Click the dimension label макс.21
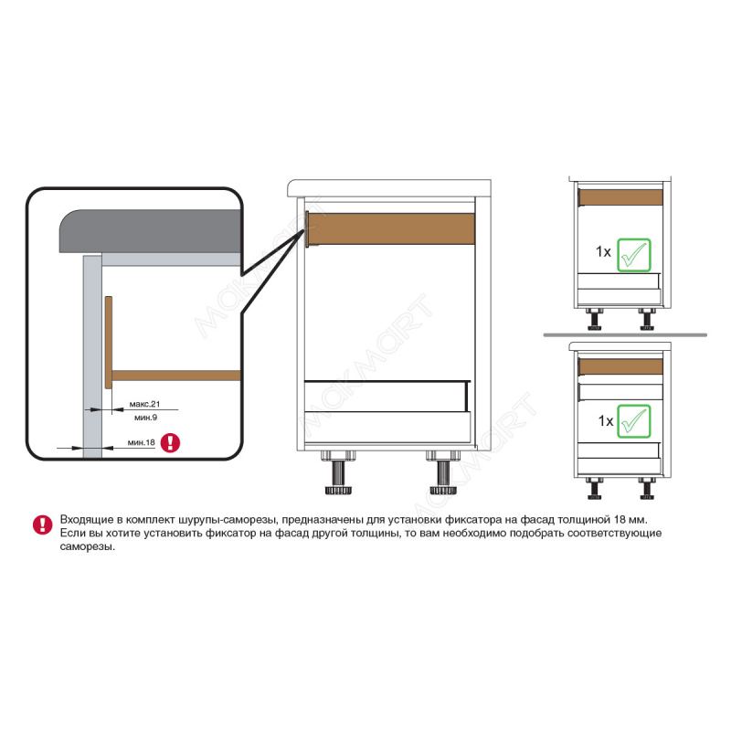coord(144,404)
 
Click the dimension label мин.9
coord(146,418)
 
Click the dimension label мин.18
coord(142,442)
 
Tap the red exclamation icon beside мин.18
coord(170,442)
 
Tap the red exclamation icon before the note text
coord(42,524)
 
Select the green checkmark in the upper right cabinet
coord(633,255)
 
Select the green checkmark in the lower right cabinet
coord(633,421)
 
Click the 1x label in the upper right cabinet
coord(603,252)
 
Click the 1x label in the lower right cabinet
coord(606,421)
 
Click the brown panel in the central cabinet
coord(392,228)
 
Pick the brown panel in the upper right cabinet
coord(621,197)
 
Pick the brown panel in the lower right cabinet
coord(621,367)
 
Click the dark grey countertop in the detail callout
coord(150,231)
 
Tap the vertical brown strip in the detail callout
coord(109,342)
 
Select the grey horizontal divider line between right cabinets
coord(625,334)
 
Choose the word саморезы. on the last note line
coord(88,546)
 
